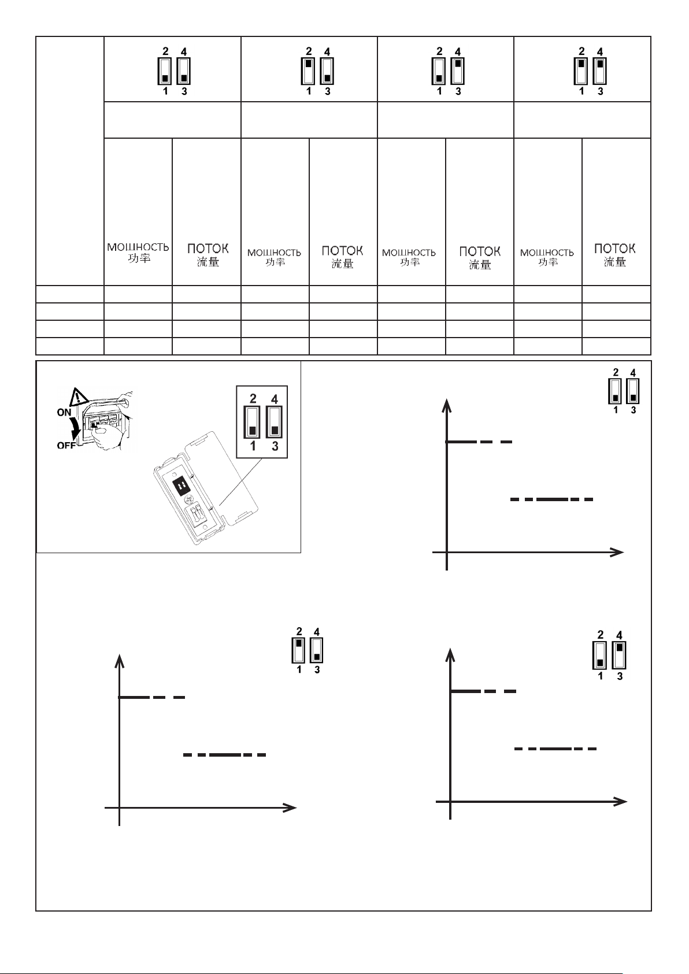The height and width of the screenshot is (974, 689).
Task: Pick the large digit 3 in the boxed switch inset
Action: click(x=275, y=446)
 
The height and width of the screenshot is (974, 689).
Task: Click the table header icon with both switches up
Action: click(x=591, y=71)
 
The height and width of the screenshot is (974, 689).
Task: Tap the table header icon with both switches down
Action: click(x=174, y=71)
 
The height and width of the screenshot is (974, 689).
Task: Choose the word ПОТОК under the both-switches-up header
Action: click(x=615, y=249)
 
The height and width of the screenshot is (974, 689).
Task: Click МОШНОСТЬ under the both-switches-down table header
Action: click(x=138, y=247)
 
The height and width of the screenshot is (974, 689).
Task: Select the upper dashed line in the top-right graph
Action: click(x=479, y=442)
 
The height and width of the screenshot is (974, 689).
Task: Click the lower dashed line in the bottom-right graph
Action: click(x=555, y=749)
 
